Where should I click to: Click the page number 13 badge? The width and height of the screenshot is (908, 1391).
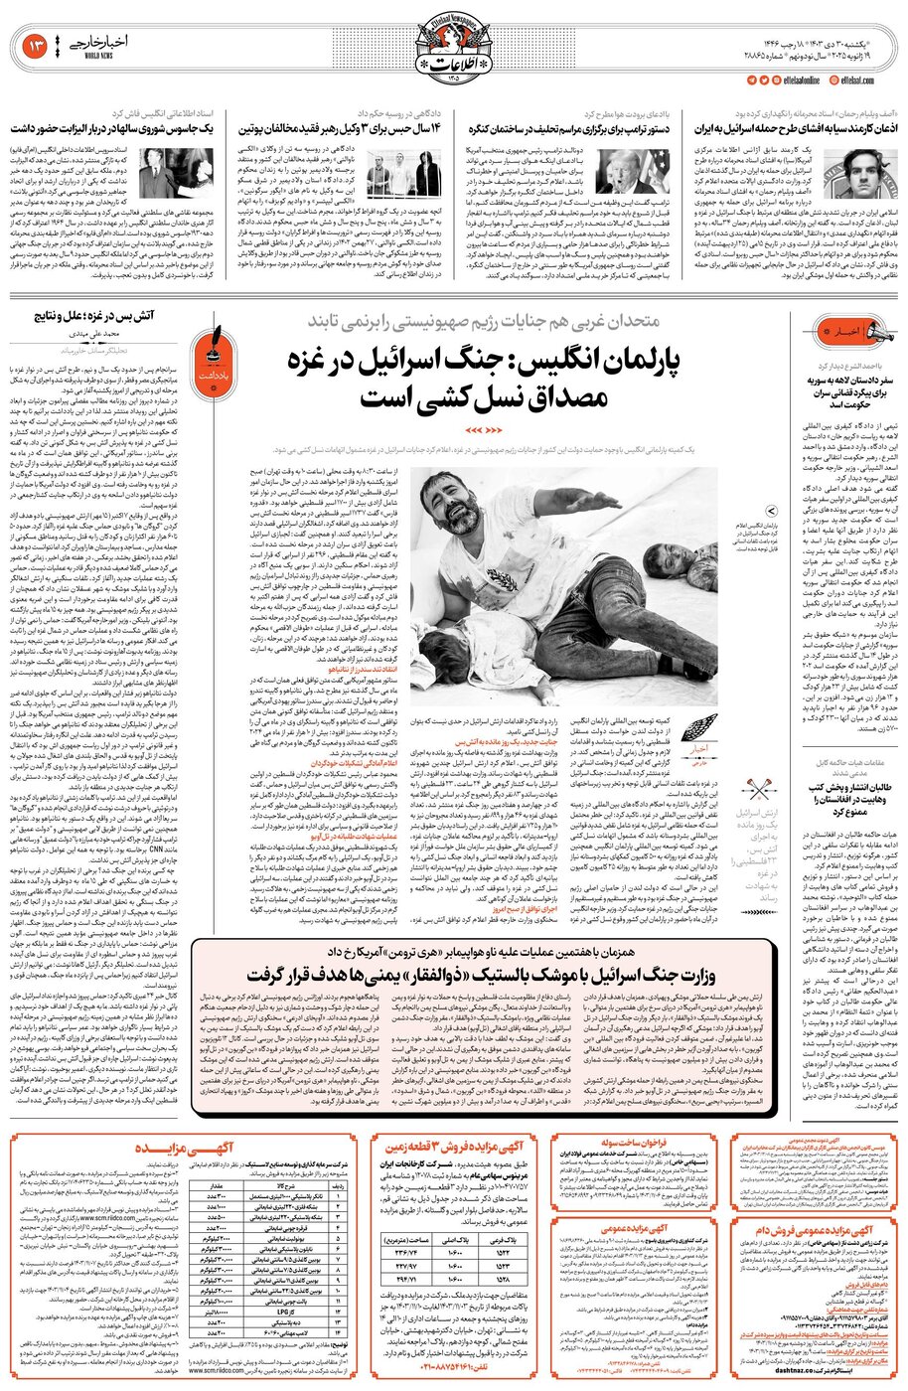31,46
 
